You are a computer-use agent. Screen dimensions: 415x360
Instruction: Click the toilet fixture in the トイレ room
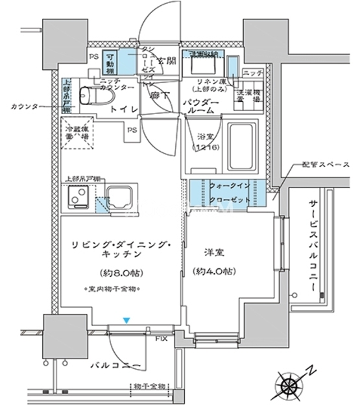tap(86, 97)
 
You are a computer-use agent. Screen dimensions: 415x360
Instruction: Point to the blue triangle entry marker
tap(127, 320)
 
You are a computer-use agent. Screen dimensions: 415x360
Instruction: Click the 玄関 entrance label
tap(166, 62)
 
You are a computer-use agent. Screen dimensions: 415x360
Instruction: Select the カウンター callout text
tap(25, 106)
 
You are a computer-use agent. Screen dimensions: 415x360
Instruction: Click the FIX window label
tap(162, 338)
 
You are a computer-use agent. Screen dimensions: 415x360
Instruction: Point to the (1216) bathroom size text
tap(204, 148)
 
